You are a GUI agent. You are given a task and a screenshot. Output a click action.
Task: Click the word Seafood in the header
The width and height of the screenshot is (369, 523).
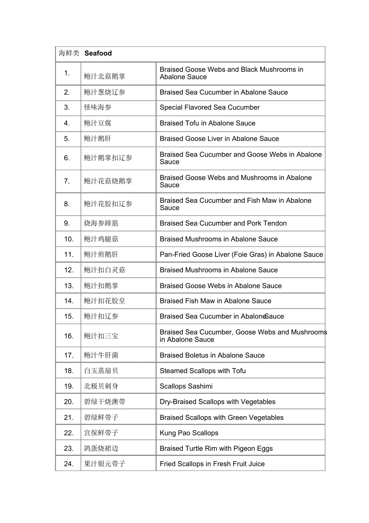tap(98, 53)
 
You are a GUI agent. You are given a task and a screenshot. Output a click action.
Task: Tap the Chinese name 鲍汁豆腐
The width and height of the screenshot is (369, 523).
tap(97, 123)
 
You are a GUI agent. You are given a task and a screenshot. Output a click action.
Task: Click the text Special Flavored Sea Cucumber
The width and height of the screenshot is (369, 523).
tap(209, 108)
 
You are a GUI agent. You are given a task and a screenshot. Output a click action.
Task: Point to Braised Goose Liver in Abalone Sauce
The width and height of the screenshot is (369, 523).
tap(219, 139)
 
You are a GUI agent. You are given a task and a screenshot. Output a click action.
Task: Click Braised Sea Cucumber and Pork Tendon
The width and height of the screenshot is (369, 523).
tap(223, 224)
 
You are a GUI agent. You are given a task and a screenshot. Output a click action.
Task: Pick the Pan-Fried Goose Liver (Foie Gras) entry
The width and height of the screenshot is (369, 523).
tap(241, 254)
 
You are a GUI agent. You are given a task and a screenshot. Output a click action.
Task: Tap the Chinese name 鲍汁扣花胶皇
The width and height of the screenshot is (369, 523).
tap(104, 301)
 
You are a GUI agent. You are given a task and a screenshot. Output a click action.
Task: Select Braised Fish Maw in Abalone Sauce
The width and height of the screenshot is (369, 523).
tap(215, 301)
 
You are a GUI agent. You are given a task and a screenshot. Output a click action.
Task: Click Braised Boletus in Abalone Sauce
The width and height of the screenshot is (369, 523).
tap(212, 355)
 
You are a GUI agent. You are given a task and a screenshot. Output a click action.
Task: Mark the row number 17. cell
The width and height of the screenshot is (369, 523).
tap(69, 355)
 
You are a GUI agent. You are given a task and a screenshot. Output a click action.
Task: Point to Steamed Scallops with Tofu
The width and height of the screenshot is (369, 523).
tap(203, 371)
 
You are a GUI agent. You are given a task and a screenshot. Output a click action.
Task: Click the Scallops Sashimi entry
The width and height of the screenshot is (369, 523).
tap(186, 387)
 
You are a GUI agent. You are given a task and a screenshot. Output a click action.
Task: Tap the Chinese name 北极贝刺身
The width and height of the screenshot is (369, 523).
tap(101, 387)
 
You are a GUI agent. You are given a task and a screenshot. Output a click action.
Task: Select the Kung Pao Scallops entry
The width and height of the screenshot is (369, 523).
tap(189, 433)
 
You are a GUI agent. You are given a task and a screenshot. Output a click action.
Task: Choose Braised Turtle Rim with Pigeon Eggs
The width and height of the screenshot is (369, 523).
tap(216, 449)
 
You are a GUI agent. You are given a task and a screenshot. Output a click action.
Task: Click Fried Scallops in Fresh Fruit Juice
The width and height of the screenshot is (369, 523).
tap(212, 464)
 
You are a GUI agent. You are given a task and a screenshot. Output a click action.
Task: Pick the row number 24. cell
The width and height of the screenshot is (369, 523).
tap(69, 464)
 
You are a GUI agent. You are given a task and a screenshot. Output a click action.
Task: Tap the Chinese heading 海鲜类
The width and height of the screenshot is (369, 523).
tap(69, 53)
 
